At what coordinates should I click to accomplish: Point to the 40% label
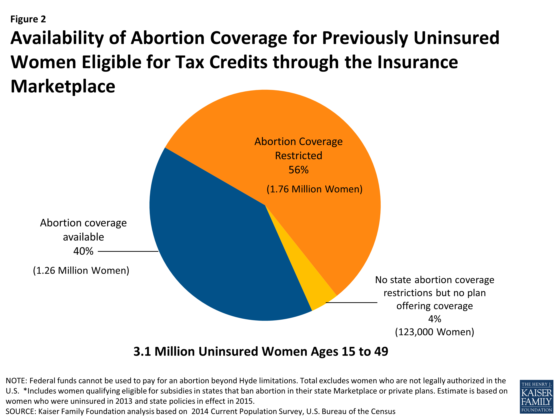point(83,251)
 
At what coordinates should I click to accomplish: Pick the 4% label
point(434,319)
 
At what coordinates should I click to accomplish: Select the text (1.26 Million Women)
point(81,271)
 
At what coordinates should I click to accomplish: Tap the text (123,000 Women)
point(434,332)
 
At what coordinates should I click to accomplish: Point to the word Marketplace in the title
point(63,86)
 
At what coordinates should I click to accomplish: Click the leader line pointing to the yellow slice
point(351,302)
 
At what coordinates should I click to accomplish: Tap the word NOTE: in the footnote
point(16,381)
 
